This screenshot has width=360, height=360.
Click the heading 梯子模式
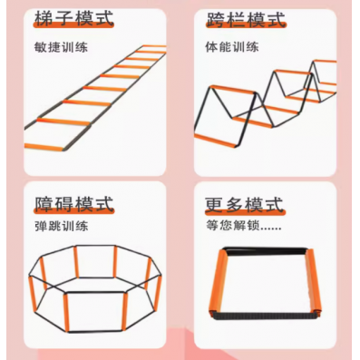74,18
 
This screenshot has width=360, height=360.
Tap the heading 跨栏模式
246,19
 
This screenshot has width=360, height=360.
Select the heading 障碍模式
74,204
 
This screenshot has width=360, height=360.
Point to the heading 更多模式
245,205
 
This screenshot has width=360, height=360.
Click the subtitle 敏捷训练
61,47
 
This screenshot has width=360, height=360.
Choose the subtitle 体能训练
232,47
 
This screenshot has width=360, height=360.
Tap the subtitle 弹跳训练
62,226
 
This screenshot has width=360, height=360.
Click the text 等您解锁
233,226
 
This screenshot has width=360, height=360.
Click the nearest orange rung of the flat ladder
44,147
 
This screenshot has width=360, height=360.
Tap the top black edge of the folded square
266,251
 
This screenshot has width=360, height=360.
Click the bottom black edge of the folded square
266,316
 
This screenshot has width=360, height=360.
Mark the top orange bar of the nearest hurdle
233,90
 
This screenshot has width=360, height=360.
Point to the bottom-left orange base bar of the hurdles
215,141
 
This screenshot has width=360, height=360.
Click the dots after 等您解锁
271,229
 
